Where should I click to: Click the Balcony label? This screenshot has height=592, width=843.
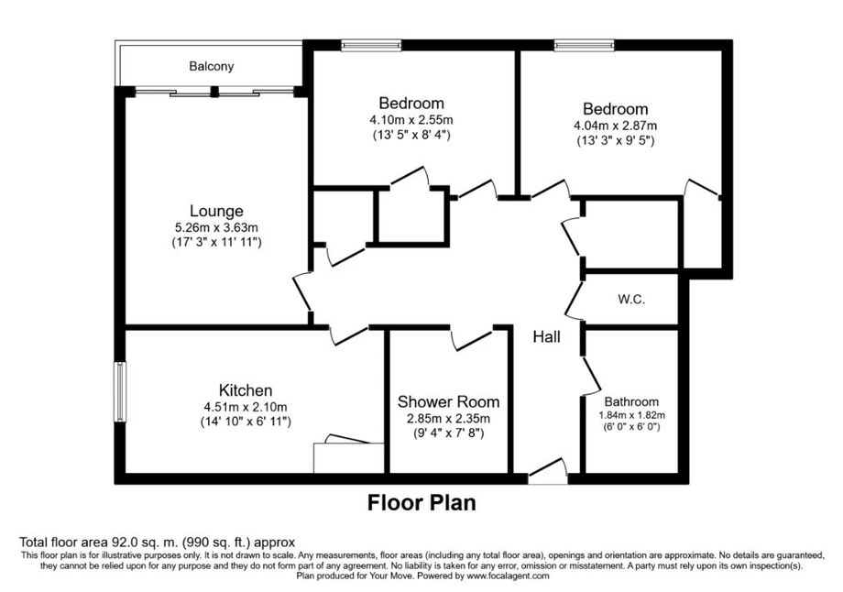[212, 66]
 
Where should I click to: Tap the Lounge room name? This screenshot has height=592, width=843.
[216, 211]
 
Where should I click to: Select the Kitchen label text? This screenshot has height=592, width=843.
[246, 389]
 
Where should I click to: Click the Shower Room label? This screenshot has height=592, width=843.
[448, 401]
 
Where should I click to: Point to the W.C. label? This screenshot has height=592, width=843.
[631, 299]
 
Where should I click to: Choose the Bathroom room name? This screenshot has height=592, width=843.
[631, 401]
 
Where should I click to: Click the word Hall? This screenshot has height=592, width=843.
[547, 336]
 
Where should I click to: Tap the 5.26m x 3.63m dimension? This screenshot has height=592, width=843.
[216, 228]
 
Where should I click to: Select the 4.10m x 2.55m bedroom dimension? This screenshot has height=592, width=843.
[411, 120]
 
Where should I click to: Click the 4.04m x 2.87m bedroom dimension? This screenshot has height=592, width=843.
[616, 126]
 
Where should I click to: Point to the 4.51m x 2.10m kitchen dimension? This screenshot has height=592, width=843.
[246, 407]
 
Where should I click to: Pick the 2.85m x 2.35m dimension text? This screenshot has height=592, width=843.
[448, 418]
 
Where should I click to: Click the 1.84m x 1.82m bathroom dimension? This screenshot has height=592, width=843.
[631, 415]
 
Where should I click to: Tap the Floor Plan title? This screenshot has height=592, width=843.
[421, 503]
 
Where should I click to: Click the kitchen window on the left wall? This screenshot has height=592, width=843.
[119, 391]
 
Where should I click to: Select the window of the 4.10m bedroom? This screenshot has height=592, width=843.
[371, 45]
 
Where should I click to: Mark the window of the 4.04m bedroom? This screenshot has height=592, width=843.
[585, 45]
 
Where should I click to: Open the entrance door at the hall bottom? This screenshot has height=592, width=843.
[548, 472]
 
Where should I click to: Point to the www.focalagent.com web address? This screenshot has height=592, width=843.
[508, 576]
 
